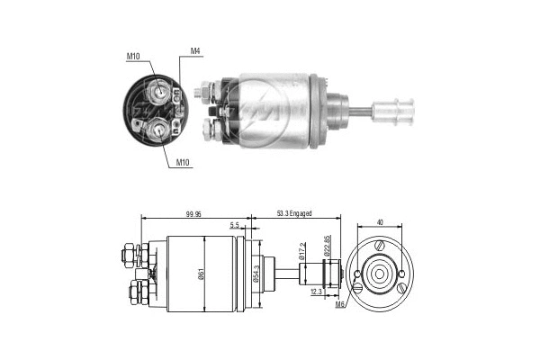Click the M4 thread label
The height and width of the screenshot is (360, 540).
[x=196, y=50]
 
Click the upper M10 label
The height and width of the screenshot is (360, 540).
[x=133, y=59]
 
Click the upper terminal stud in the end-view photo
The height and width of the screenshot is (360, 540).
[x=158, y=90]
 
